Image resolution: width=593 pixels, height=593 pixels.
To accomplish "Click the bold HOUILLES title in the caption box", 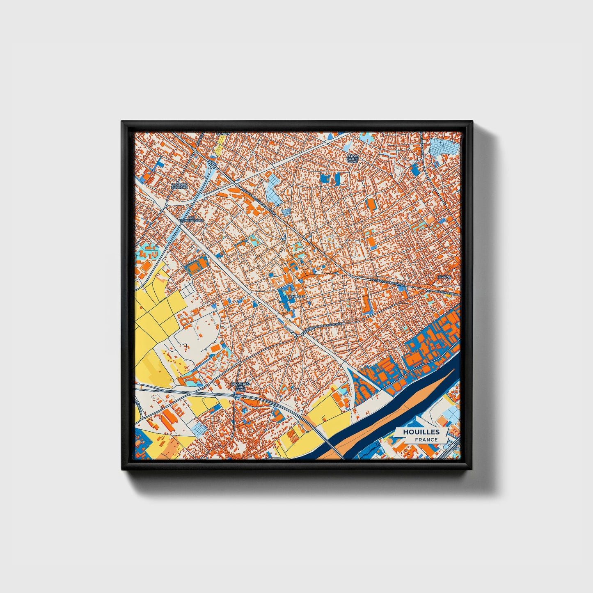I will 421,432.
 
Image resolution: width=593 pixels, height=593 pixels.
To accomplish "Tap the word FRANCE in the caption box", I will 426,440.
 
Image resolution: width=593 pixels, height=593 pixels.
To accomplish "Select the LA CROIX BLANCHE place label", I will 179,186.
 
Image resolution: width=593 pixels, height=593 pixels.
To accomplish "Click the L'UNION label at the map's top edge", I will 224,134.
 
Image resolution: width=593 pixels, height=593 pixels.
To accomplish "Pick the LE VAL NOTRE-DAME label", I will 352,159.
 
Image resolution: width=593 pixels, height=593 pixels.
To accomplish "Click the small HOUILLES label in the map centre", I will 297,296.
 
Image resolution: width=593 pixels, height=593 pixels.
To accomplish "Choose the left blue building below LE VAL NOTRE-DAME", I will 325,178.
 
